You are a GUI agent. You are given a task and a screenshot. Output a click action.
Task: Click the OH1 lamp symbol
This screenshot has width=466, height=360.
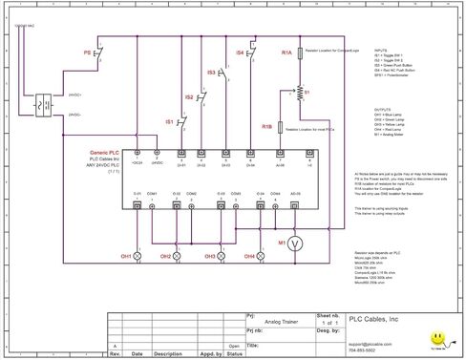[137, 256]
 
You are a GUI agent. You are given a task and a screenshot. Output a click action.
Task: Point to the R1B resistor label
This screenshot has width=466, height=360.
[266, 126]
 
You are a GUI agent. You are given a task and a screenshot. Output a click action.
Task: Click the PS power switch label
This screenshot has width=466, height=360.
[87, 53]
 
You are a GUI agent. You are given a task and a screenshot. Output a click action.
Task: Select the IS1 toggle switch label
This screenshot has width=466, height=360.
[169, 122]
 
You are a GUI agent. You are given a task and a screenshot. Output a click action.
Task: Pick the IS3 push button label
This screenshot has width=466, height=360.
[211, 73]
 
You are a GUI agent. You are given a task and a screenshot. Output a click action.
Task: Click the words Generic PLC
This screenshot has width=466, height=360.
[106, 152]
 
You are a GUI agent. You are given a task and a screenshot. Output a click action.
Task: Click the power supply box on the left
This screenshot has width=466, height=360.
[42, 106]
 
